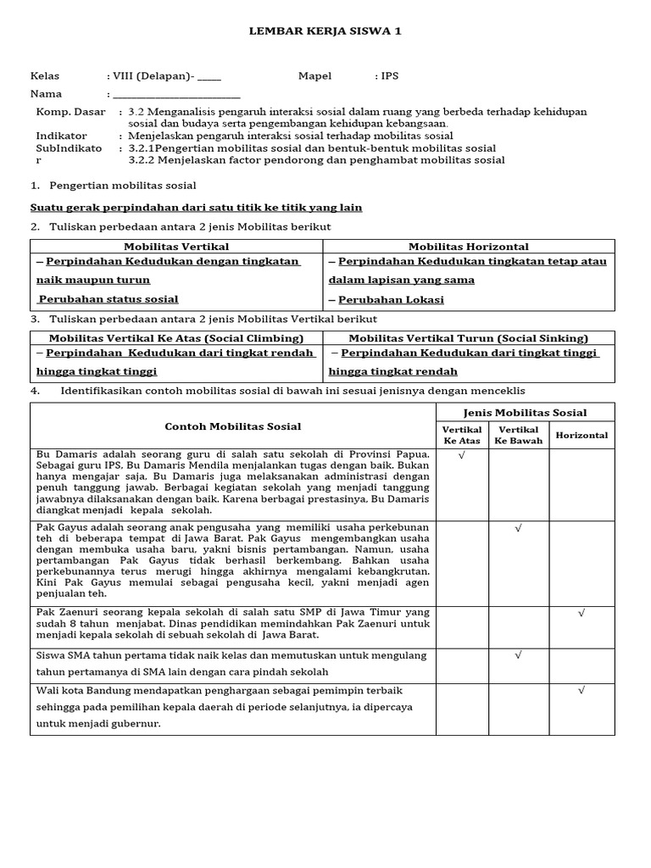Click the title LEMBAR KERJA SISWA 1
click(x=325, y=31)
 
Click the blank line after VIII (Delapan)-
click(x=209, y=76)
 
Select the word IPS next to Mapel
click(x=390, y=76)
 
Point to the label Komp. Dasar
click(x=71, y=112)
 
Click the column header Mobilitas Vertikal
click(x=176, y=247)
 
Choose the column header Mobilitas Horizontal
click(x=469, y=247)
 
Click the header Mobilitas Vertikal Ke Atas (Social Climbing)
click(x=175, y=338)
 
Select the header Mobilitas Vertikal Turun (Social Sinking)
click(x=469, y=338)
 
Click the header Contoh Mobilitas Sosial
click(x=232, y=426)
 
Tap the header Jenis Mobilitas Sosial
click(x=525, y=413)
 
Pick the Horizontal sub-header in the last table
click(x=581, y=435)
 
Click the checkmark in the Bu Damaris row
click(x=462, y=455)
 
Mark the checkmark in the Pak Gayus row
click(x=518, y=528)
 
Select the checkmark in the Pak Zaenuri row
click(x=581, y=612)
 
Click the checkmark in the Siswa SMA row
click(x=518, y=655)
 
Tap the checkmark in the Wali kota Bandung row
click(x=581, y=690)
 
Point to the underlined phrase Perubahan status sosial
click(x=108, y=298)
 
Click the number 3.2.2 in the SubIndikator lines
click(x=142, y=160)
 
